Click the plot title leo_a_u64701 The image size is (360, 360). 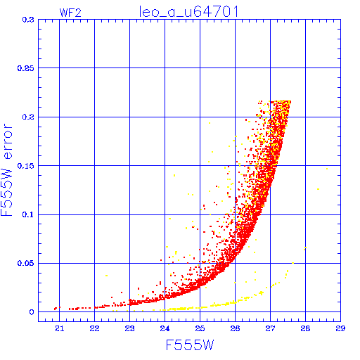(x=188, y=12)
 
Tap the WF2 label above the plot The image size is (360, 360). (x=70, y=13)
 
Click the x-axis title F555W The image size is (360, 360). (x=190, y=345)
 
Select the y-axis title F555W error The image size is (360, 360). (x=6, y=169)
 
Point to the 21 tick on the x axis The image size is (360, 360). (x=60, y=328)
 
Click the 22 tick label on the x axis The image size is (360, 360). (x=94, y=328)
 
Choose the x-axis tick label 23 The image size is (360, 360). (x=129, y=328)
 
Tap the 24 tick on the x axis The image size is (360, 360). (x=165, y=328)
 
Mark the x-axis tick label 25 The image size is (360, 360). (x=200, y=328)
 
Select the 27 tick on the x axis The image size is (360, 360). (x=270, y=328)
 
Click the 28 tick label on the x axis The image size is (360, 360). (x=305, y=328)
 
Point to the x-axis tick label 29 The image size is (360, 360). (x=340, y=328)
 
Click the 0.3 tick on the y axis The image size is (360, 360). (x=28, y=20)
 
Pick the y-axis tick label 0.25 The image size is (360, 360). (x=26, y=68)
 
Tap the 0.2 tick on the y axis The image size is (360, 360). (x=28, y=117)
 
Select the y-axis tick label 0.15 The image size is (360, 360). (x=26, y=166)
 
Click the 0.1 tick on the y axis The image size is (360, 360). (x=28, y=214)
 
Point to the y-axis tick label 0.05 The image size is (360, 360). (x=26, y=263)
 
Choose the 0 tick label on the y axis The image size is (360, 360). (x=32, y=312)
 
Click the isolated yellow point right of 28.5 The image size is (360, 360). (x=327, y=169)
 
